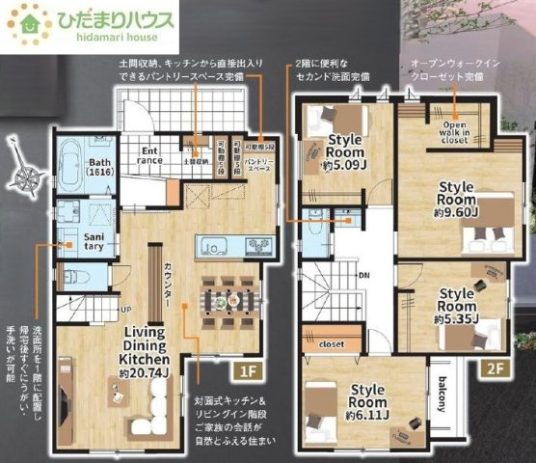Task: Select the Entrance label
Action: (152, 155)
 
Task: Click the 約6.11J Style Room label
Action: (367, 402)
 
